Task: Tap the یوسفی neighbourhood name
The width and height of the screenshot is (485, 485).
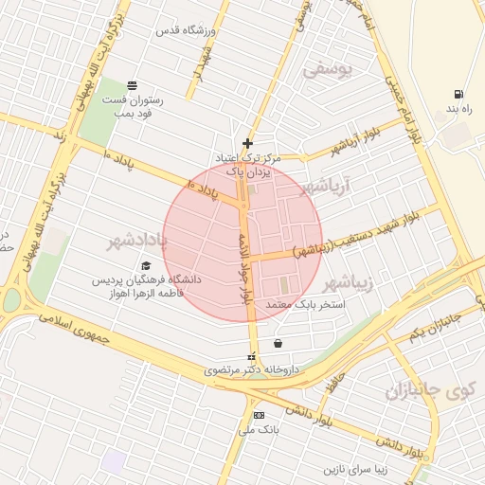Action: pos(327,69)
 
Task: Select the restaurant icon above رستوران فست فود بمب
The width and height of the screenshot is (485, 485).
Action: pos(132,85)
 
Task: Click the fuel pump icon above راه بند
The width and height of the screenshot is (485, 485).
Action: pos(459,95)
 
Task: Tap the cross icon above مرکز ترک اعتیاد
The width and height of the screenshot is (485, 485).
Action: pos(248,143)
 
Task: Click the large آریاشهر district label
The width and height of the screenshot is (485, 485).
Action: pos(325,188)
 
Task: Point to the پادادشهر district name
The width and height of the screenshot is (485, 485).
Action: pos(136,242)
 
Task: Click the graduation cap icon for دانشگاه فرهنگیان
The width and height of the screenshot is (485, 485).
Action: pos(146,266)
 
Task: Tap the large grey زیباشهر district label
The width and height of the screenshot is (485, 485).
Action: pos(350,283)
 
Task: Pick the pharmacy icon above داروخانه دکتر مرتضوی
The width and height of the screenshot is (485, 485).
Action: pos(251,356)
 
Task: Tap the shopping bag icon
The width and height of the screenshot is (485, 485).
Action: pos(277,343)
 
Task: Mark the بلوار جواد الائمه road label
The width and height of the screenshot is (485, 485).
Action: pos(245,256)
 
